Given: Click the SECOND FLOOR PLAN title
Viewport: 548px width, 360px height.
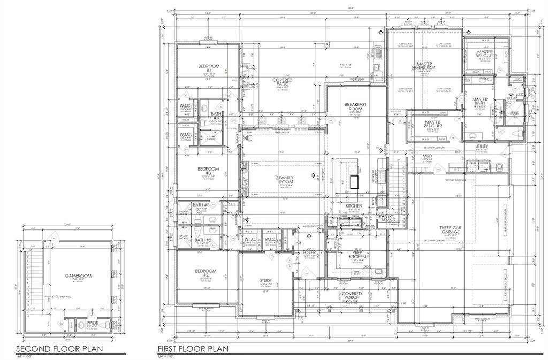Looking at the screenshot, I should tap(63, 349).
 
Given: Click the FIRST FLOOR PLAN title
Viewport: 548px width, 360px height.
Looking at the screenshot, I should tap(193, 349).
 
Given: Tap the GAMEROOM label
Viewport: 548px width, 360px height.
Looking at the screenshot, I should tap(79, 276).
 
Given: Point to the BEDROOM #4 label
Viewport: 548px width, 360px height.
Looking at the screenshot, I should tap(206, 68).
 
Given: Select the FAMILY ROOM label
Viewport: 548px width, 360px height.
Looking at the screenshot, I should tap(286, 180).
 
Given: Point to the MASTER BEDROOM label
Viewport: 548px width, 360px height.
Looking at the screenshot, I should tap(425, 66).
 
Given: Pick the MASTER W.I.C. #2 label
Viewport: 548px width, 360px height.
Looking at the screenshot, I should tap(433, 125).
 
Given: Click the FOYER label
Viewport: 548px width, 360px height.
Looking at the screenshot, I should tap(310, 251).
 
